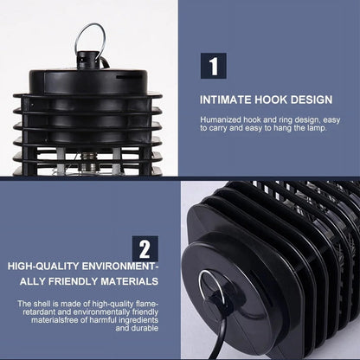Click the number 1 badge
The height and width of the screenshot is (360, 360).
click(214, 66)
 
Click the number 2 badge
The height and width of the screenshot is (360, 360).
click(145, 248)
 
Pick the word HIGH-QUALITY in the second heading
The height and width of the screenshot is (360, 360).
click(43, 267)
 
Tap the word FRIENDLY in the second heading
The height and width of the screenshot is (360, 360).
click(73, 281)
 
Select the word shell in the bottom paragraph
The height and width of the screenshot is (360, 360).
click(42, 304)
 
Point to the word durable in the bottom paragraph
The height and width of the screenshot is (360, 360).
click(145, 328)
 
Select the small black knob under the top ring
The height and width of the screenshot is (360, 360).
click(88, 60)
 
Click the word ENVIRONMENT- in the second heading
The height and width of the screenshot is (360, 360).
click(120, 267)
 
